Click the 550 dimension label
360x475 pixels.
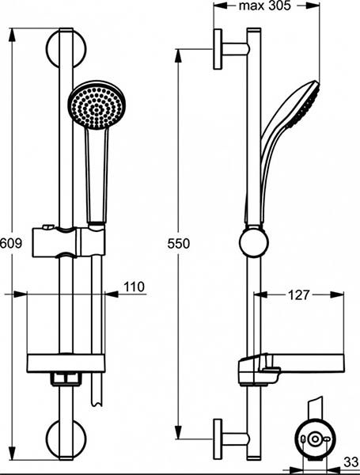point(180,245)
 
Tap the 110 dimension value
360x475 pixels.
point(135,287)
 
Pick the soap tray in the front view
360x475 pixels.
point(65,363)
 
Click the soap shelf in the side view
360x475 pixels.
point(293,367)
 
